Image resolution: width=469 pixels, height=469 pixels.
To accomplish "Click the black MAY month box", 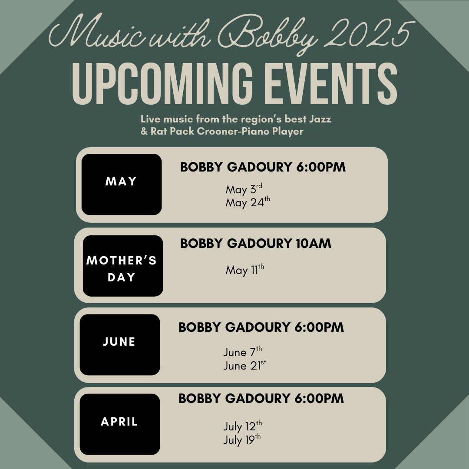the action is (122, 184).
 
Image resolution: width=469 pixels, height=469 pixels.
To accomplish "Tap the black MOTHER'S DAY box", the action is (123, 266).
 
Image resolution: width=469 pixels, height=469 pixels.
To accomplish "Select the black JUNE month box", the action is (120, 344).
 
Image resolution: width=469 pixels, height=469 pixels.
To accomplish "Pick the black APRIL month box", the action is (120, 424).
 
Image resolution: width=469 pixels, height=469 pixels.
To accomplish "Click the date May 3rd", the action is (244, 189).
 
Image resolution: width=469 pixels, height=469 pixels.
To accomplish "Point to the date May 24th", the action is (248, 202).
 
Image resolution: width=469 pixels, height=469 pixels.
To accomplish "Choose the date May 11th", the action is (244, 270).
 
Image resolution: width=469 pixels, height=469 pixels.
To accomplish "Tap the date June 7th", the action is (243, 352).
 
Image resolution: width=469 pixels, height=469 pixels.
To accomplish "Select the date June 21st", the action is (244, 365).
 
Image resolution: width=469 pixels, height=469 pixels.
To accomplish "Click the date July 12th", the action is (243, 426).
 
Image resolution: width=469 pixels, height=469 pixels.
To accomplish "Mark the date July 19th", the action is (242, 439).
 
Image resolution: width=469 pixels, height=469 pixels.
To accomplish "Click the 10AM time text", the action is (314, 244).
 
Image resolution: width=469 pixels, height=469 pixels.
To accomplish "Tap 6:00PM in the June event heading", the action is (319, 327).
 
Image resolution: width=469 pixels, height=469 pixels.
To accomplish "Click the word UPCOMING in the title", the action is (162, 84).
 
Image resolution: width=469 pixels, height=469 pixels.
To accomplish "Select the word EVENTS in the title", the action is (331, 84).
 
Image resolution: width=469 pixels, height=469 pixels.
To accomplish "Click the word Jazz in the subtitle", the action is (320, 119).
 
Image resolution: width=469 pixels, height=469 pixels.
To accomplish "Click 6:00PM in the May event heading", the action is (321, 167).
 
